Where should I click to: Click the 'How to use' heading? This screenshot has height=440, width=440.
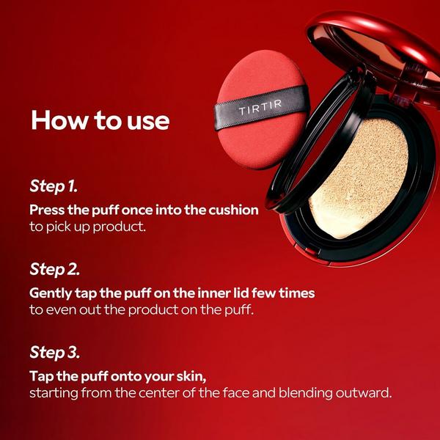click(100, 120)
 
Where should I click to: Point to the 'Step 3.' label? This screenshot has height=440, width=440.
click(56, 352)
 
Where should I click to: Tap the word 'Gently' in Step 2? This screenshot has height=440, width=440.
click(53, 293)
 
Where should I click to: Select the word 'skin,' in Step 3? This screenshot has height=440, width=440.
click(188, 376)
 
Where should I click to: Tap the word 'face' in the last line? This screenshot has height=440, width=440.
click(242, 394)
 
